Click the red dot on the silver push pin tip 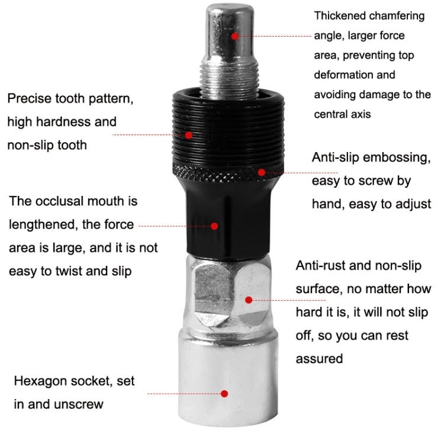235,36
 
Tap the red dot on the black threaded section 189,135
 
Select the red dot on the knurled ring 261,172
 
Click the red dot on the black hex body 214,226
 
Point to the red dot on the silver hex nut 249,300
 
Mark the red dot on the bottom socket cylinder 224,394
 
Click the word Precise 30,98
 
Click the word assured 320,359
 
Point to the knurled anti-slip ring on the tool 229,172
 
